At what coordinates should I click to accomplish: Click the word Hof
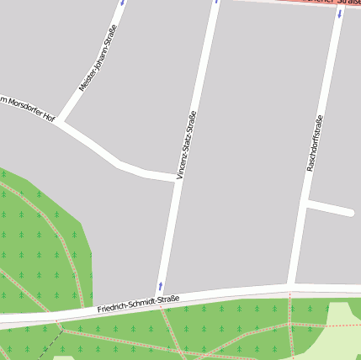pyautogui.click(x=49, y=119)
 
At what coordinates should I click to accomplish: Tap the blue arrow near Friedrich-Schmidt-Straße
pyautogui.click(x=160, y=287)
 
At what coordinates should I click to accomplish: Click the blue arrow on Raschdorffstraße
pyautogui.click(x=340, y=14)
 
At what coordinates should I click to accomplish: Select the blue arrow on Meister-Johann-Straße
pyautogui.click(x=123, y=3)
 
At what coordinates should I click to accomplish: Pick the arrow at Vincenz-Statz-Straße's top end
pyautogui.click(x=216, y=2)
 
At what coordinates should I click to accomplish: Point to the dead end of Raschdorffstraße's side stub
pyautogui.click(x=349, y=212)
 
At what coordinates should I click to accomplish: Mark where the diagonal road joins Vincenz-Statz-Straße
pyautogui.click(x=176, y=179)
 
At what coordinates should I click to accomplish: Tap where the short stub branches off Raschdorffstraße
pyautogui.click(x=306, y=203)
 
